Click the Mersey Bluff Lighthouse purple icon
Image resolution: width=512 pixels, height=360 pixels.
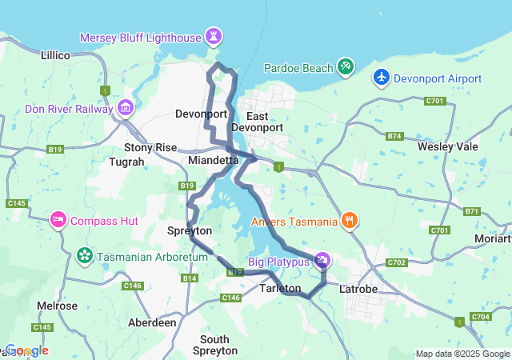[214, 37]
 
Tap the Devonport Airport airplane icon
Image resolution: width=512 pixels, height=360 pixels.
[382, 78]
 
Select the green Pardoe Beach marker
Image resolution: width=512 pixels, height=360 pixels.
[345, 67]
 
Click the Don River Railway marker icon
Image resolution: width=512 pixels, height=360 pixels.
[126, 107]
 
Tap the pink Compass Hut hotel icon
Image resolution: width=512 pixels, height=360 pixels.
[58, 219]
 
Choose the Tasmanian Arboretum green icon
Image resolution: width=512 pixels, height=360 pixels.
[83, 256]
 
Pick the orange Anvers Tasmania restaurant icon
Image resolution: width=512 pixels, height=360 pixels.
[349, 220]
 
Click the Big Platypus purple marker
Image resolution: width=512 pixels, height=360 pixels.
[322, 260]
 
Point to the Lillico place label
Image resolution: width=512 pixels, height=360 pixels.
[56, 56]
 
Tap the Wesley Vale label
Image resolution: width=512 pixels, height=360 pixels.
[446, 147]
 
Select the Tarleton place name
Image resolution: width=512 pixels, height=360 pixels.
[281, 288]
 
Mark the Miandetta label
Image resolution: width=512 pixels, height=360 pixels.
[213, 160]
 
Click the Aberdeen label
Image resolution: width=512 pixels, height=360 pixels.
[152, 322]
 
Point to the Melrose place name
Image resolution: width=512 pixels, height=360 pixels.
[58, 306]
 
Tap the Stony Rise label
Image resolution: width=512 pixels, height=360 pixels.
[150, 147]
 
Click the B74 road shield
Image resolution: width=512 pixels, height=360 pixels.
[394, 137]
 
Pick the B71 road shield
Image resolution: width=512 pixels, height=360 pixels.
[472, 211]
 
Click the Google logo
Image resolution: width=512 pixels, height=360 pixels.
[26, 350]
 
